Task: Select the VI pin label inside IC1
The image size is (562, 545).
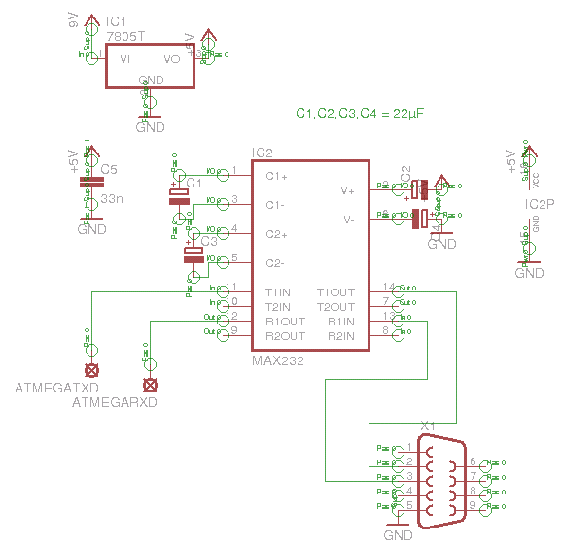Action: [125, 59]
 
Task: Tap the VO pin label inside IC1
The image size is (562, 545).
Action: [172, 59]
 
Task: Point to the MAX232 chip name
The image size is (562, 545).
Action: [277, 360]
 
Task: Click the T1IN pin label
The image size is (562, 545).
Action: [278, 292]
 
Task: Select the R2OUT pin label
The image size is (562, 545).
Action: [284, 336]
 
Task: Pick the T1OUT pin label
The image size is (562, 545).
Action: [335, 292]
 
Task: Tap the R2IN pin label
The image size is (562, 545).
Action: [341, 336]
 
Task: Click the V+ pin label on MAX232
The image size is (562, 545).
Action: [347, 190]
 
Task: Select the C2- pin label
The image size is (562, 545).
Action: [276, 263]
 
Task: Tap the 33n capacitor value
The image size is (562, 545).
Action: [112, 198]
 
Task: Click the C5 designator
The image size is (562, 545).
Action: [109, 170]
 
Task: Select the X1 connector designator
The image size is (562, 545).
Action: [428, 426]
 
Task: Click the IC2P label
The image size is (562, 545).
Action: [540, 205]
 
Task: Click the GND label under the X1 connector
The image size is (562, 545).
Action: [399, 535]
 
